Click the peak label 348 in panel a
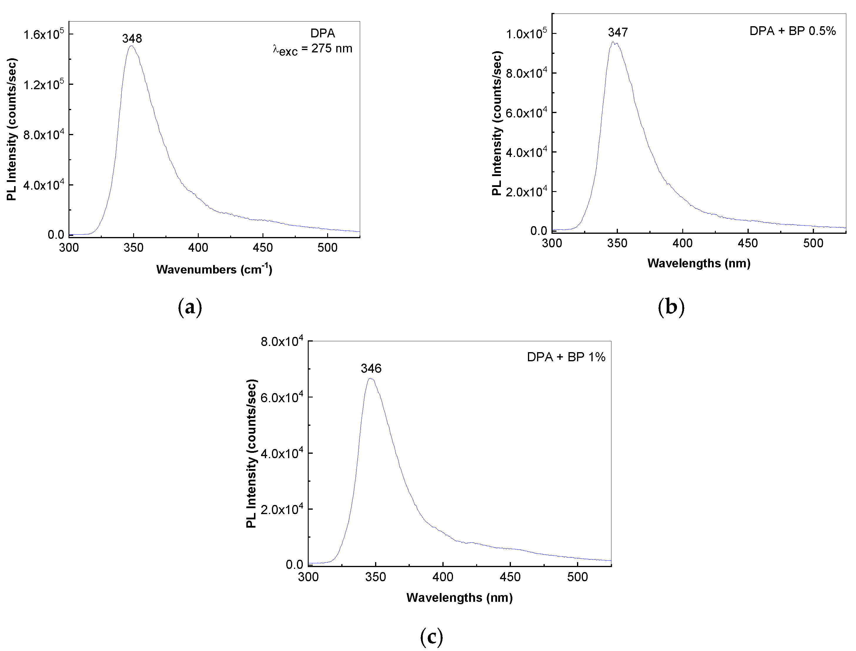coord(132,38)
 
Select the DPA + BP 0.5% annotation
coord(793,31)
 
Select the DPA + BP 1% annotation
coord(566,357)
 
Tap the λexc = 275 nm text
coord(312,49)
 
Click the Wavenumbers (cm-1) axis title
coord(214,269)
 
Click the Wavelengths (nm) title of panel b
coord(698,263)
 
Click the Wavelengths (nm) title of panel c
coord(459,597)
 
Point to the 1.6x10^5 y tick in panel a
coord(43,34)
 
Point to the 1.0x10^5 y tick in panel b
coord(526,34)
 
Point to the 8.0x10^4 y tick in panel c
coord(281,341)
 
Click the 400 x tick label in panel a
coord(198,248)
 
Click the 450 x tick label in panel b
coord(748,243)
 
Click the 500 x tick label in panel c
coord(577,577)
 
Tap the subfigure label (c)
coord(431,636)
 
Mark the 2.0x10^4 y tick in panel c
coord(281,509)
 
